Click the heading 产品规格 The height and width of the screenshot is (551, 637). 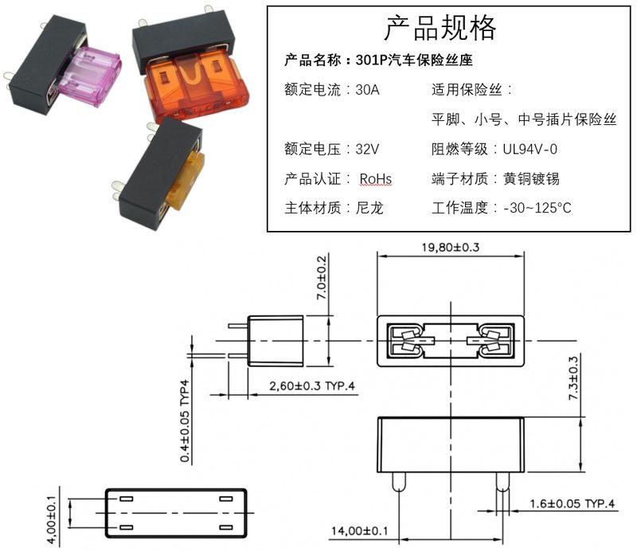[440, 28]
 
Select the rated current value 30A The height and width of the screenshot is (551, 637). [367, 89]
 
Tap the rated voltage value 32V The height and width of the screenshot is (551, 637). [367, 149]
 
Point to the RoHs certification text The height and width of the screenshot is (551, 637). [376, 179]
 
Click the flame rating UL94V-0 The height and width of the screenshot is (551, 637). [530, 149]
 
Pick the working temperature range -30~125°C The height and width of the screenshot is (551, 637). [537, 208]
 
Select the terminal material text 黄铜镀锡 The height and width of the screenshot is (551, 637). [531, 179]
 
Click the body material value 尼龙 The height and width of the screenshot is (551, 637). [369, 208]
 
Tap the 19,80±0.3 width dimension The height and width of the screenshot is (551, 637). [451, 247]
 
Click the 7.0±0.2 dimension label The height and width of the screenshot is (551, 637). [322, 278]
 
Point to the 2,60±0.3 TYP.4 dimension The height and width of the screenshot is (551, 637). [312, 385]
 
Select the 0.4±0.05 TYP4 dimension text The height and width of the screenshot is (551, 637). [185, 420]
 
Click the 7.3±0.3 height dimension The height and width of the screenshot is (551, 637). [573, 378]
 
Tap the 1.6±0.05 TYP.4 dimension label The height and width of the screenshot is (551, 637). [573, 504]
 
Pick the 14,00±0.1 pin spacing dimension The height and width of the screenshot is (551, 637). [360, 530]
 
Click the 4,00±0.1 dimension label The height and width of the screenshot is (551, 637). [52, 520]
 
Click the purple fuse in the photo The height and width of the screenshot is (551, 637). [89, 76]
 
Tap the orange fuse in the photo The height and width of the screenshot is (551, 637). [196, 86]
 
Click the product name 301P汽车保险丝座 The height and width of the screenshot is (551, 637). [414, 61]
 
